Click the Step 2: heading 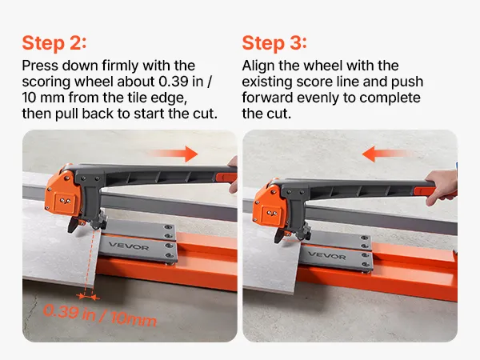[x=54, y=43]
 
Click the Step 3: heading [x=274, y=43]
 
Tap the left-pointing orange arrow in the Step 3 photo [x=385, y=154]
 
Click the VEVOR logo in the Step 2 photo [x=129, y=246]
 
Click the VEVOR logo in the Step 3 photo [x=327, y=255]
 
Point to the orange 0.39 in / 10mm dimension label [x=100, y=315]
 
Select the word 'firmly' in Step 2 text [x=121, y=66]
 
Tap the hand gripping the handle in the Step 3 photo [x=441, y=186]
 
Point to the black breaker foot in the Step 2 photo [x=73, y=225]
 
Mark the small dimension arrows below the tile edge [x=88, y=296]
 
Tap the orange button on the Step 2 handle [x=226, y=178]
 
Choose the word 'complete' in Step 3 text [x=390, y=98]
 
